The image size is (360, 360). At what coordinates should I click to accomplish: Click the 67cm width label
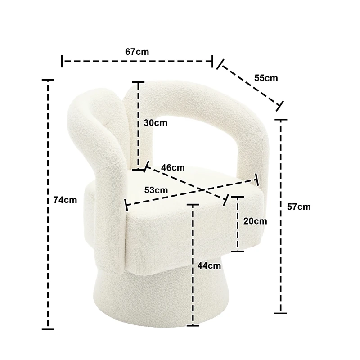pyautogui.click(x=137, y=52)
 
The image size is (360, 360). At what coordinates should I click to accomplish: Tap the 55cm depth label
pyautogui.click(x=266, y=78)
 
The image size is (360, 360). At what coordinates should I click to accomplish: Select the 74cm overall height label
pyautogui.click(x=65, y=200)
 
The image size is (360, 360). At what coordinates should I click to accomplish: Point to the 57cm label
pyautogui.click(x=299, y=207)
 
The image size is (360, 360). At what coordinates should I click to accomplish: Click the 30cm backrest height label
pyautogui.click(x=156, y=123)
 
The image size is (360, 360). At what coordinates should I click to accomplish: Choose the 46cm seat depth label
pyautogui.click(x=173, y=168)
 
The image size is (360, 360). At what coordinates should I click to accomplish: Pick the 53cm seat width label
pyautogui.click(x=156, y=190)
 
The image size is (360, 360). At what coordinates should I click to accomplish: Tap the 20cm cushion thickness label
pyautogui.click(x=255, y=221)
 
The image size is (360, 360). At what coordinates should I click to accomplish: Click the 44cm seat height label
pyautogui.click(x=209, y=265)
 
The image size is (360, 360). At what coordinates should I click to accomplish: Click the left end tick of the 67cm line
pyautogui.click(x=62, y=61)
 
